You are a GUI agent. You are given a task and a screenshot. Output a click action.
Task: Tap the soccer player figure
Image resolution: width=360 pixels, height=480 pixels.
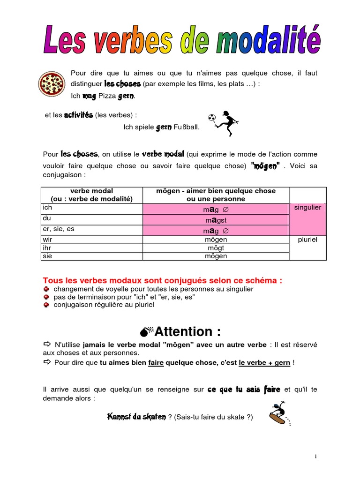point(225,123)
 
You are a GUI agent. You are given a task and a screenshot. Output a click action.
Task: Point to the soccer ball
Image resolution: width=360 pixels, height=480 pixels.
point(212,117)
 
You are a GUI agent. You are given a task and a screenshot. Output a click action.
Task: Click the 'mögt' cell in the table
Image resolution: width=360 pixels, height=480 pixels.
point(216,248)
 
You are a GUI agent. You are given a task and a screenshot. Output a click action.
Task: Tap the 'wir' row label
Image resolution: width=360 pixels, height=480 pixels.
point(47,240)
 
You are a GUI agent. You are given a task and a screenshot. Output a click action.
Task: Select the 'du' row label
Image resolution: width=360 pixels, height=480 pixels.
point(46,218)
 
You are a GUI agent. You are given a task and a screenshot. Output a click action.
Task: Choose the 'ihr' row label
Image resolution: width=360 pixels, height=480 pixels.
point(46,247)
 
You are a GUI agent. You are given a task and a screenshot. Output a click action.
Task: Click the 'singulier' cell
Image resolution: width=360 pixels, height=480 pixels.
point(307,208)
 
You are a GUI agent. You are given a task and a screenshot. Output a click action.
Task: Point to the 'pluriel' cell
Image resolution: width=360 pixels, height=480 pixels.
point(307,240)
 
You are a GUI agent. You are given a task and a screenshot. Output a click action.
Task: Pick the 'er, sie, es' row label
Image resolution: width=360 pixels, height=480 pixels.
point(59,229)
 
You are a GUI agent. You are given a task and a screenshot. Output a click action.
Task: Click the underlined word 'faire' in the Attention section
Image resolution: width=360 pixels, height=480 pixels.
point(156,363)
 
